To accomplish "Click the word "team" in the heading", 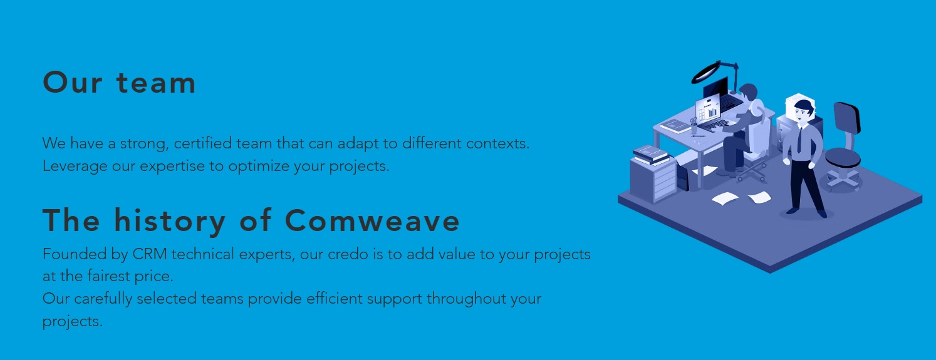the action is point(156,83).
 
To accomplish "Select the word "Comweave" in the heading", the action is point(372,220).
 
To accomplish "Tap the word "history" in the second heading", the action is point(170,222).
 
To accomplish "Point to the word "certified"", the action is point(202,143).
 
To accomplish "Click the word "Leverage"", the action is point(75,167).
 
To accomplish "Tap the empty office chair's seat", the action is point(843,158).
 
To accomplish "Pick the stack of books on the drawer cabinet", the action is point(651,155).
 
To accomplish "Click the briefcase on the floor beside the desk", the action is point(683,178).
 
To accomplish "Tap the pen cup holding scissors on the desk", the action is point(694,126).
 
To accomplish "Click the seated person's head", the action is point(748,92).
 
